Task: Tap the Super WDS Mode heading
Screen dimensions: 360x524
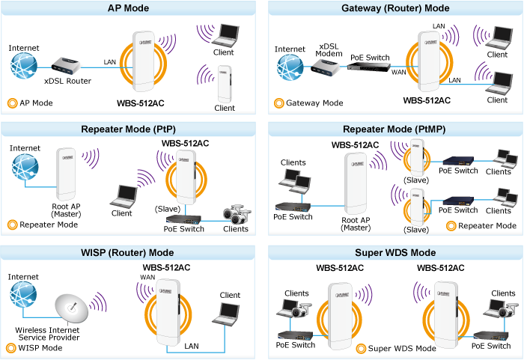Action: click(395, 253)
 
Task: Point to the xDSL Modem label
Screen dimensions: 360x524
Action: click(329, 49)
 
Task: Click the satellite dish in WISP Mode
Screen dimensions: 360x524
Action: click(72, 308)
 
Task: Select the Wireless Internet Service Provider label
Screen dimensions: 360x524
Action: click(48, 334)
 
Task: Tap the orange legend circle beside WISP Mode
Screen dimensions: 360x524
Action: click(12, 347)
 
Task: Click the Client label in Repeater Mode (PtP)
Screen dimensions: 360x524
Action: click(121, 213)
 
